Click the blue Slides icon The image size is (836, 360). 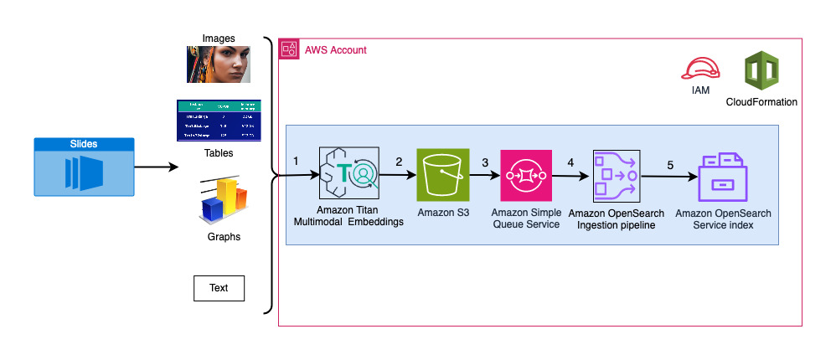point(83,168)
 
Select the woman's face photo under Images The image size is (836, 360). point(219,64)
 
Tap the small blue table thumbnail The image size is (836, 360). point(219,120)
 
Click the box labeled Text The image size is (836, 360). point(219,288)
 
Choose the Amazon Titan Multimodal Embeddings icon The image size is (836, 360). point(348,173)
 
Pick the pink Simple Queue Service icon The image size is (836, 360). point(526,175)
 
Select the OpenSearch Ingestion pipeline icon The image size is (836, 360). point(616,176)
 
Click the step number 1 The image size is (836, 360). point(296,160)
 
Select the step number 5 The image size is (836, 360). point(669,164)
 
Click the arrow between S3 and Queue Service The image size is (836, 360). point(484,176)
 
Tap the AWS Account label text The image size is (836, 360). point(335,50)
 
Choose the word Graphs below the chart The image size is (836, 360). point(224,237)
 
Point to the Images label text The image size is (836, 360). point(219,38)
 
